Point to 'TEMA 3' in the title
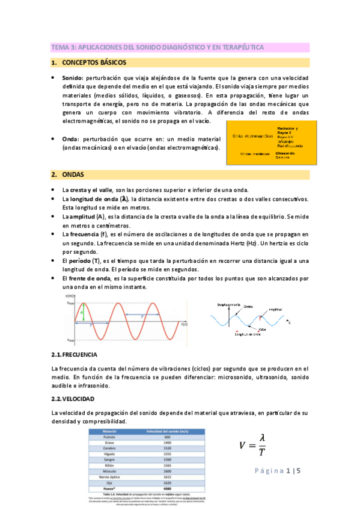pyautogui.click(x=61, y=47)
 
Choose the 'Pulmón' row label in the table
pyautogui.click(x=109, y=437)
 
